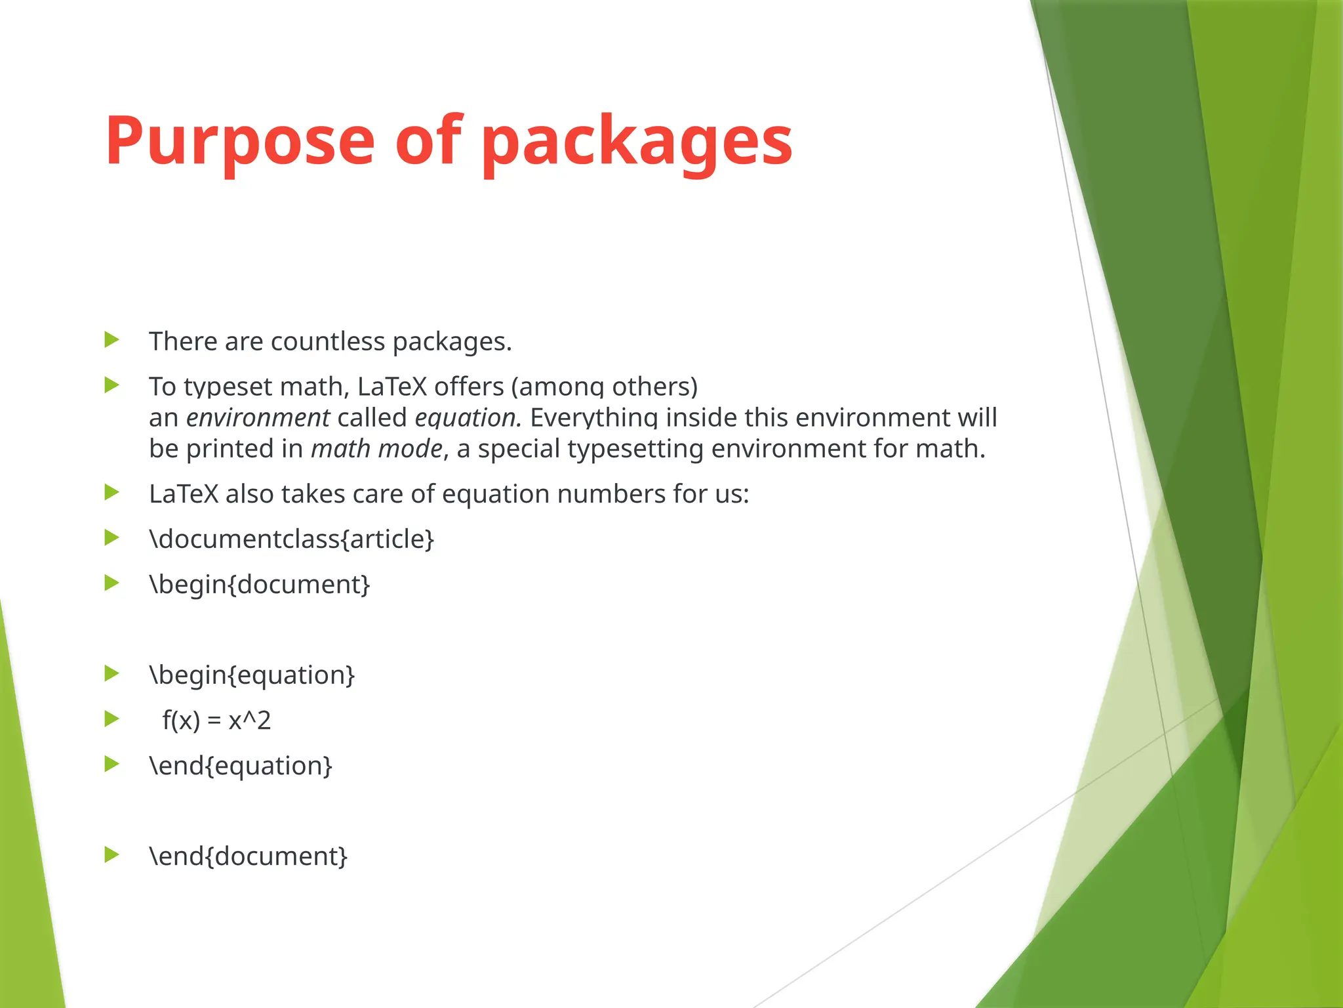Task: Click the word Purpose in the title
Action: pos(239,141)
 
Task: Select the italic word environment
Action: pos(258,418)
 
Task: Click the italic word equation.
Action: pos(468,418)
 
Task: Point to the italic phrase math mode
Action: pos(376,449)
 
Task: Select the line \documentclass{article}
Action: pos(292,539)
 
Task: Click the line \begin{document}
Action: pos(260,585)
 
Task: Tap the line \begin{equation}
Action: pos(252,675)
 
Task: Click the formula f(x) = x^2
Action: pos(216,721)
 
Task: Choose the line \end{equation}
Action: pos(241,766)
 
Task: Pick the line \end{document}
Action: pos(248,856)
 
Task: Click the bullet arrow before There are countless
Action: pos(112,340)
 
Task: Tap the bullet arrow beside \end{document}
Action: pos(112,854)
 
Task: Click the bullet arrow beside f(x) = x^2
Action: pos(112,719)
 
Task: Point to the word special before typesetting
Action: pos(519,449)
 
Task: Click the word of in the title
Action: pos(429,141)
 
